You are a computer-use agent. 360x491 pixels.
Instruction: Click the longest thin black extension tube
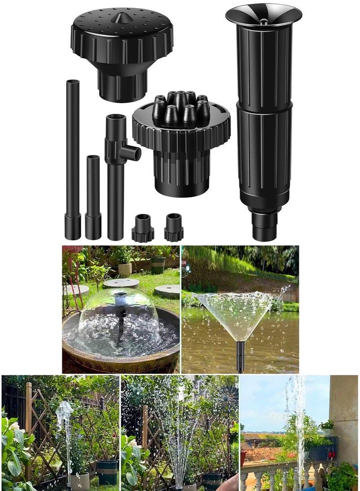[72, 149]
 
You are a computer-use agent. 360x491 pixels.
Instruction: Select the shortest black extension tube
[93, 189]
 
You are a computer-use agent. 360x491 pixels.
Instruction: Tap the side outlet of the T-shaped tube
[133, 153]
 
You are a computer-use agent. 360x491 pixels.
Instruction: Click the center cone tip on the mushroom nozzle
[121, 18]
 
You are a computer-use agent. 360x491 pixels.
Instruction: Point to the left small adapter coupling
[143, 229]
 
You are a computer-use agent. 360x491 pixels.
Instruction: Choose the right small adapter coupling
[174, 228]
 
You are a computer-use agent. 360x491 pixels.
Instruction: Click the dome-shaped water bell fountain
[120, 315]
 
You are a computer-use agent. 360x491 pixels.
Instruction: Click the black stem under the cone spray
[241, 356]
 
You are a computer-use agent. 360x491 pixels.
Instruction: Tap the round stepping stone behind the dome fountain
[121, 283]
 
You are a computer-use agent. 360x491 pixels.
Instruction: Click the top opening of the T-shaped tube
[116, 118]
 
